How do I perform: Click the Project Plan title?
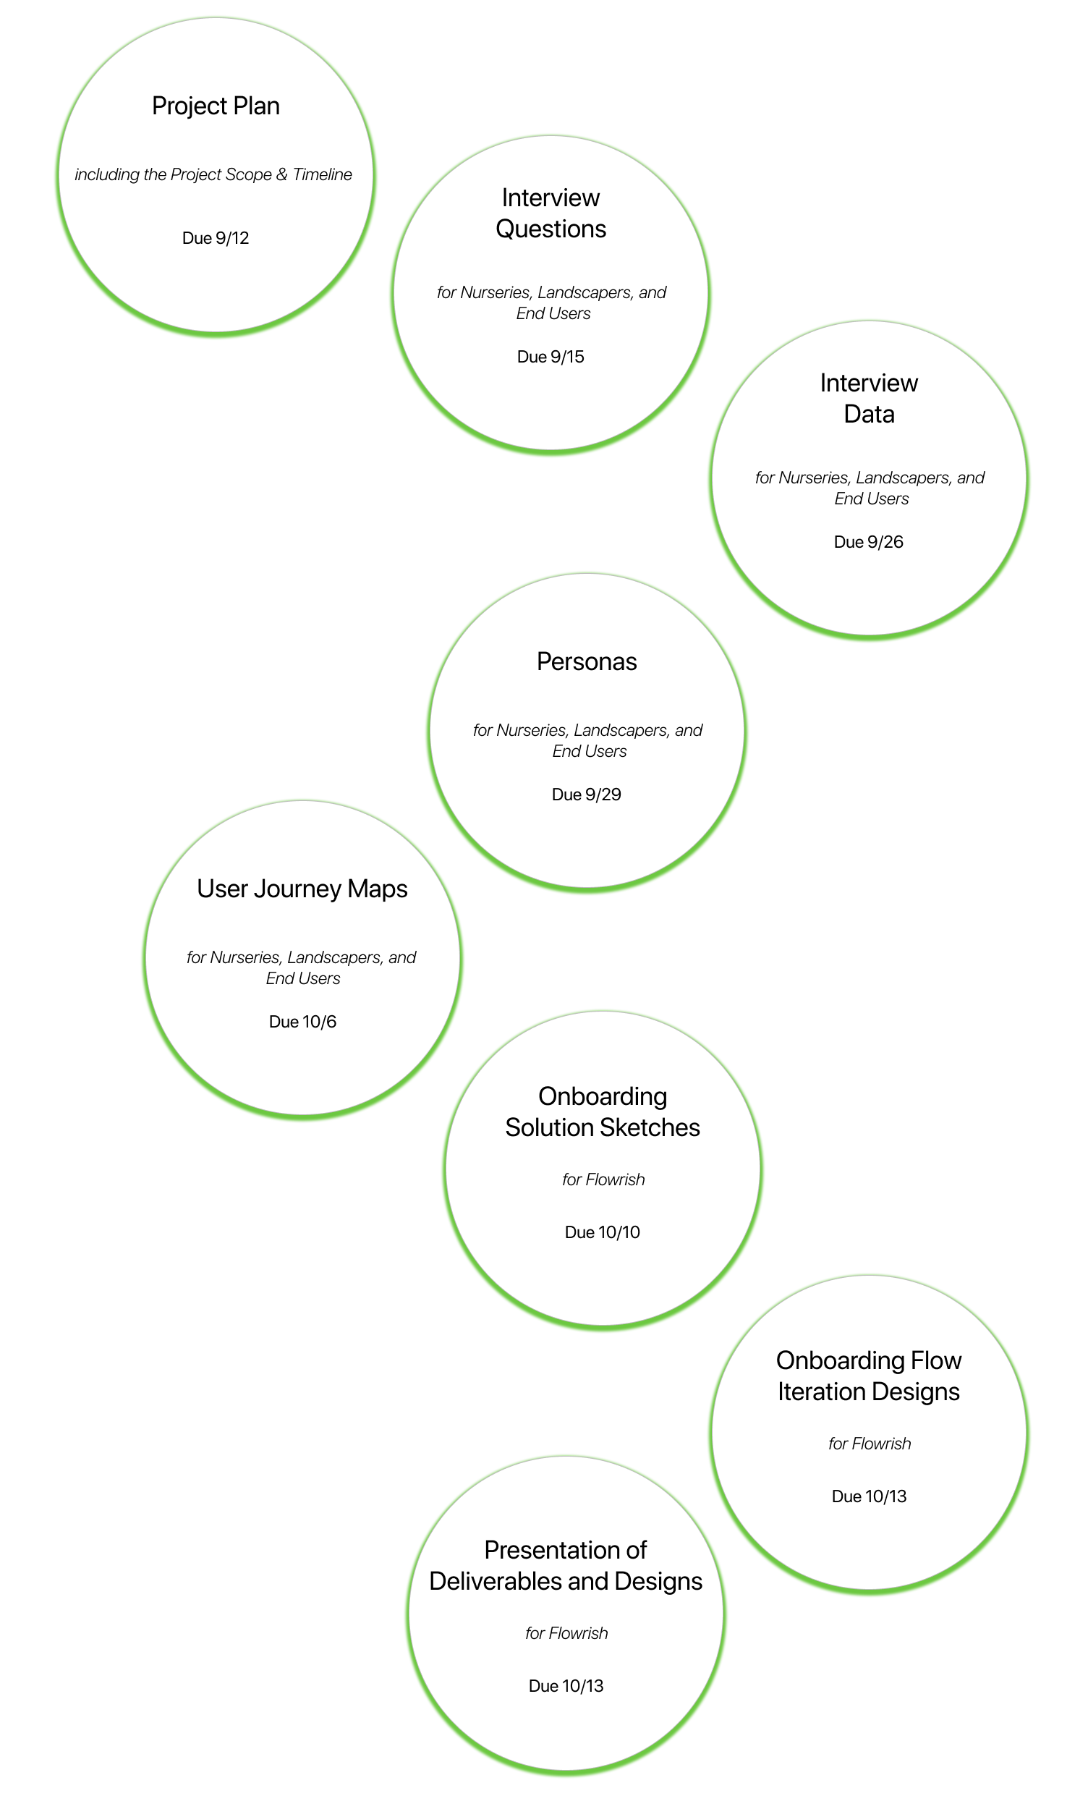tap(216, 106)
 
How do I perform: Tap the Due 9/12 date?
tap(216, 238)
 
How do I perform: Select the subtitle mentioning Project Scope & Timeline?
tap(213, 174)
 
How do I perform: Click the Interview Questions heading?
tap(551, 213)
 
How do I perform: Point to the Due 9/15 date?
tap(551, 357)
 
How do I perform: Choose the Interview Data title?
tap(869, 398)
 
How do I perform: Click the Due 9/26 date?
tap(869, 542)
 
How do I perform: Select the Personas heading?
tap(587, 661)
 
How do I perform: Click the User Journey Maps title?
tap(302, 889)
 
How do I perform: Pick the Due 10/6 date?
tap(302, 1022)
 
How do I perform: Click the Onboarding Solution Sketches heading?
tap(603, 1111)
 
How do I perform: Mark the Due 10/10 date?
tap(603, 1232)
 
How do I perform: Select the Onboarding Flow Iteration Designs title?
tap(869, 1376)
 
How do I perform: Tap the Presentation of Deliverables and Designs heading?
tap(566, 1566)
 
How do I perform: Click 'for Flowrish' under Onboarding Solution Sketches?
tap(603, 1179)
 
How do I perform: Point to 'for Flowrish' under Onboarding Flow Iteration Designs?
tap(870, 1443)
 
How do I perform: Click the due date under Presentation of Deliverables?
tap(566, 1686)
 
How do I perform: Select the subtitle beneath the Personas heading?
tap(588, 741)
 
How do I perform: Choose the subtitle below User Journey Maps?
tap(302, 968)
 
